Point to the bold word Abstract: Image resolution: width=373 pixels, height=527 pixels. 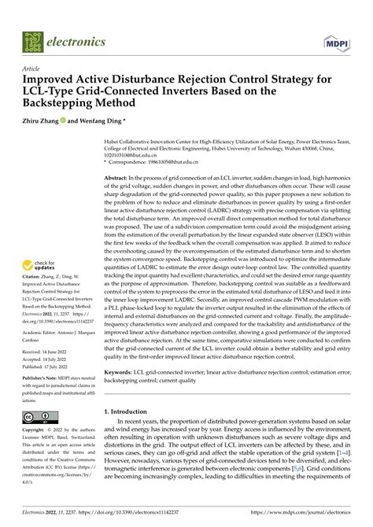[x=118, y=179]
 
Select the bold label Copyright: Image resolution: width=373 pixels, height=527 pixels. [x=36, y=431]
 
